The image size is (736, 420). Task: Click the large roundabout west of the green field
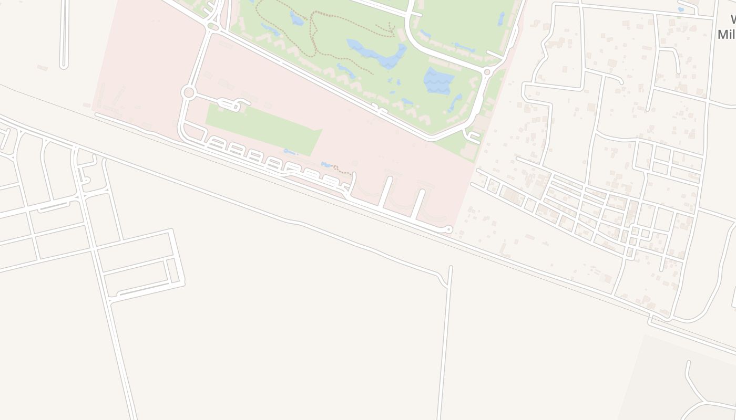point(188,93)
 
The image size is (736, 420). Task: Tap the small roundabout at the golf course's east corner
point(487,72)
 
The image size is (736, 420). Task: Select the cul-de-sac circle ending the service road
point(448,229)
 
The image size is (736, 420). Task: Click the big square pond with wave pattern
point(438,80)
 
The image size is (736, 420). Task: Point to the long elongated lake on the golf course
point(376,54)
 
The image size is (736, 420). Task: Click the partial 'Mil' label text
point(727,35)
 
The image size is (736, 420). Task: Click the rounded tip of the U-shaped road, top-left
point(64,66)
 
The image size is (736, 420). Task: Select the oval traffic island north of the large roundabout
point(213,26)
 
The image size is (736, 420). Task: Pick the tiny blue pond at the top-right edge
point(681,9)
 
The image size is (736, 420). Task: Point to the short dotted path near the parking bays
point(342,170)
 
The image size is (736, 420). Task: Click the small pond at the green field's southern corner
point(290,152)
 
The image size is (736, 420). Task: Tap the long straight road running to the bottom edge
point(444,341)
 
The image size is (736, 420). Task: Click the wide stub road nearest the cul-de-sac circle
point(418,204)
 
